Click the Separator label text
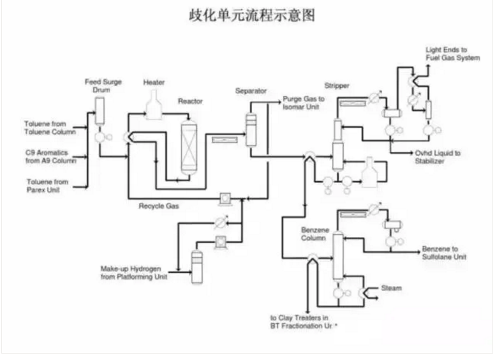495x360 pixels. point(251,91)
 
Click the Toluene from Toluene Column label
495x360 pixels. point(50,128)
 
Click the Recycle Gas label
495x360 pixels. point(159,206)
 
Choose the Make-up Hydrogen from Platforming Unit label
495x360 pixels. point(135,272)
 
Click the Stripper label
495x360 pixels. point(337,85)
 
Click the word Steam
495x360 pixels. point(391,289)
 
